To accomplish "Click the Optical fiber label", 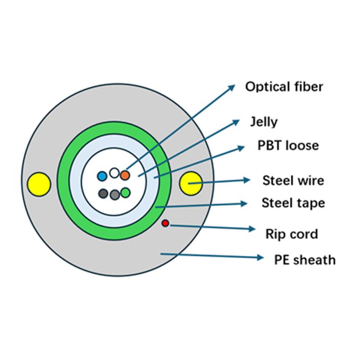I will (x=284, y=86).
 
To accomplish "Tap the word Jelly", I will (x=264, y=121).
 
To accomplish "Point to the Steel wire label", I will (x=293, y=181).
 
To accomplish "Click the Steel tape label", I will (x=293, y=203).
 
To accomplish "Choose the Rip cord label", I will (x=292, y=234).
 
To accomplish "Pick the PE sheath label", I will (x=305, y=260).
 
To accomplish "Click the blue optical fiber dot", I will (x=103, y=175).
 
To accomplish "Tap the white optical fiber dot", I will (x=114, y=173).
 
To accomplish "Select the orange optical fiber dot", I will (x=125, y=175).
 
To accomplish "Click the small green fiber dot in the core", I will (x=126, y=193).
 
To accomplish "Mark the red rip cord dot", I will (x=165, y=223).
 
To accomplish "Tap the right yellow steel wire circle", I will (x=190, y=183).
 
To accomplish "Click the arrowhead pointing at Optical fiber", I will (x=232, y=87).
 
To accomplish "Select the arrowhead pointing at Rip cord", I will (x=252, y=229).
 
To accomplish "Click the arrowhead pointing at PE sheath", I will (x=260, y=258).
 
